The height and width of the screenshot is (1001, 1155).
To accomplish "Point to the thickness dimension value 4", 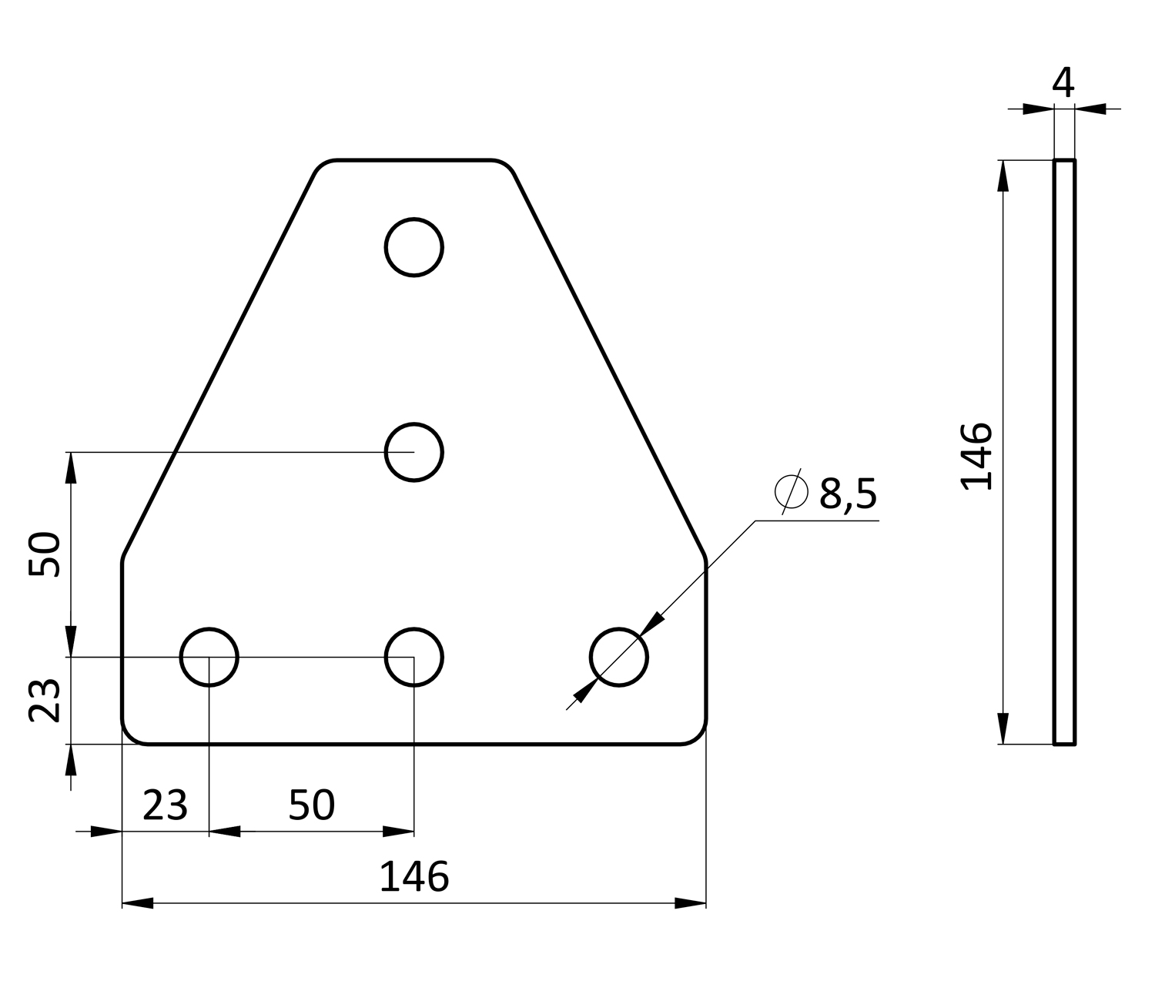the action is coord(1063,82).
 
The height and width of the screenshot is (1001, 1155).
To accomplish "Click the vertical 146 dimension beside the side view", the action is coord(976,457).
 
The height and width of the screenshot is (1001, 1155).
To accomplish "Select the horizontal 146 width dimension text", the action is coord(414,877).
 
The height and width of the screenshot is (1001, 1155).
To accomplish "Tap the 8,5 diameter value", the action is coord(848,494).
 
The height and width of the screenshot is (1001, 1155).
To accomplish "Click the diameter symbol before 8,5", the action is coord(792,492).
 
